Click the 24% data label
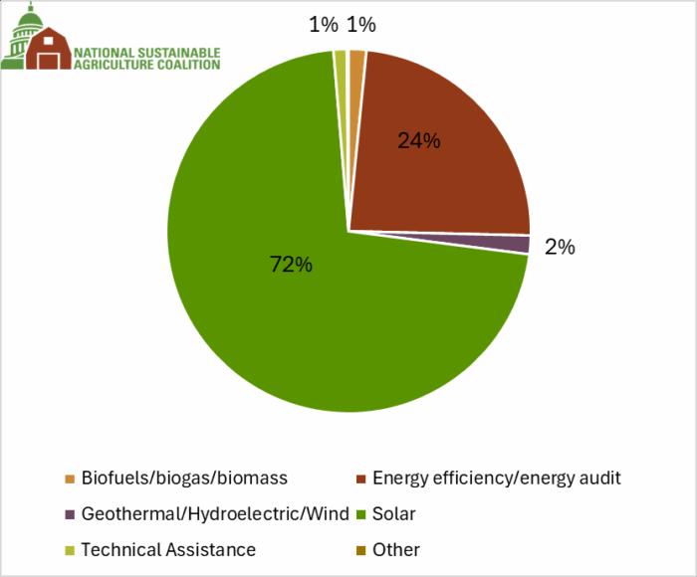click(x=418, y=140)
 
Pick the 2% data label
click(x=560, y=247)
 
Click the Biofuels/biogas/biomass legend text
click(x=184, y=478)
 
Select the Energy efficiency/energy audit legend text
click(x=497, y=478)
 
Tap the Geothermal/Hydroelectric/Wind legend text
click(x=215, y=514)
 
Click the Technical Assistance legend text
click(x=168, y=549)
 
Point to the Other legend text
click(x=396, y=549)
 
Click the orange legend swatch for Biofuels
click(x=70, y=479)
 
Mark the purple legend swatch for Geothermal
click(x=70, y=514)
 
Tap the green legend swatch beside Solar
click(x=360, y=514)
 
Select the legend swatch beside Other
click(x=360, y=550)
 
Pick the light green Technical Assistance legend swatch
click(x=70, y=550)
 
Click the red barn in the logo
click(x=49, y=49)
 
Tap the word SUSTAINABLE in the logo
click(x=177, y=53)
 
